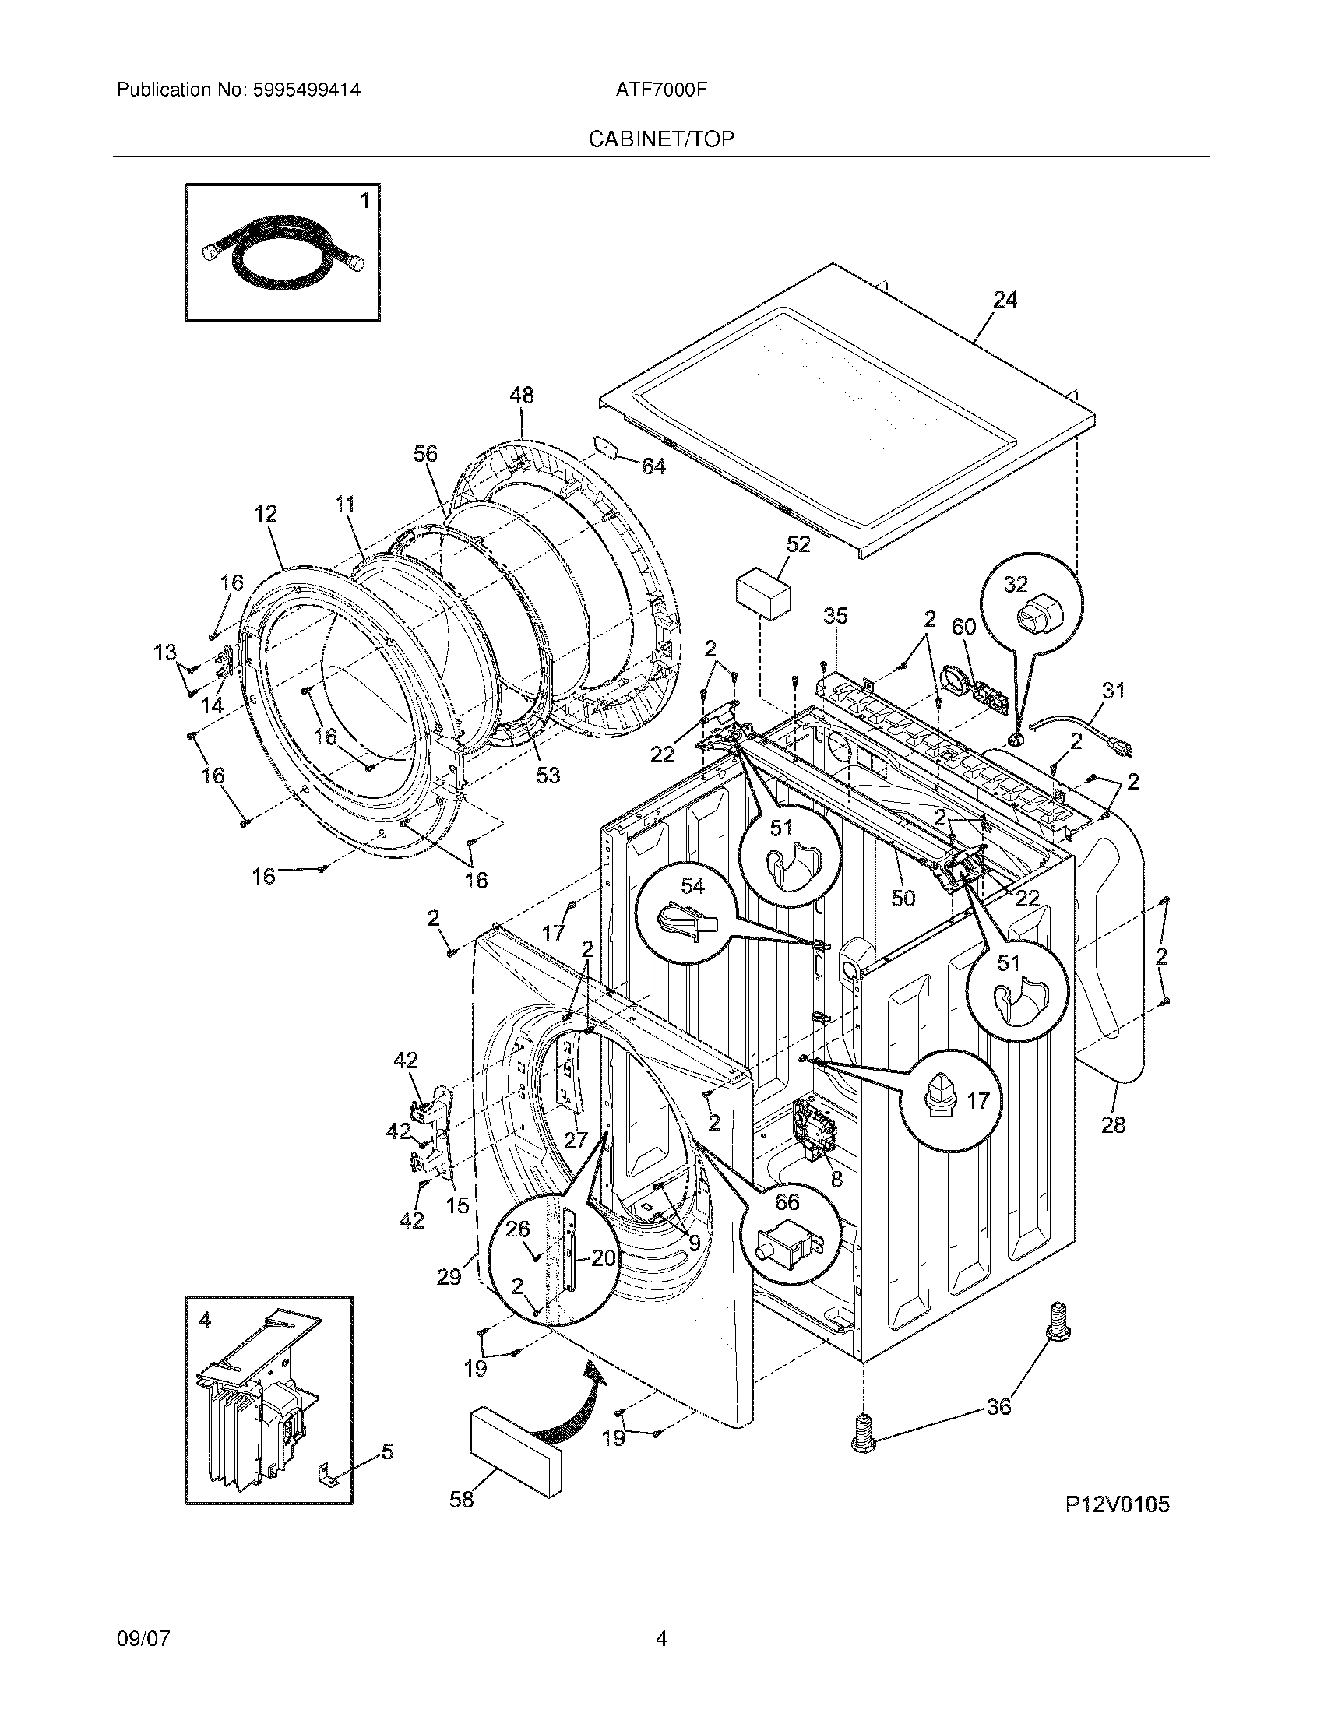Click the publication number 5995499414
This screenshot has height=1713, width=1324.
pyautogui.click(x=305, y=90)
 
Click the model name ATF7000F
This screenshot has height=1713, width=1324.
pyautogui.click(x=661, y=90)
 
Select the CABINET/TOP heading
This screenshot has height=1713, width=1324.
pyautogui.click(x=661, y=139)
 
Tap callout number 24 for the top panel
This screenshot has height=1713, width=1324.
pyautogui.click(x=1005, y=300)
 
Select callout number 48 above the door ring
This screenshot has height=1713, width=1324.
pyautogui.click(x=521, y=395)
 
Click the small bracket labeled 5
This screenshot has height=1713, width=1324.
pyautogui.click(x=329, y=1477)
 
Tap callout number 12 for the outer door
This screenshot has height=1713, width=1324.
pyautogui.click(x=265, y=514)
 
